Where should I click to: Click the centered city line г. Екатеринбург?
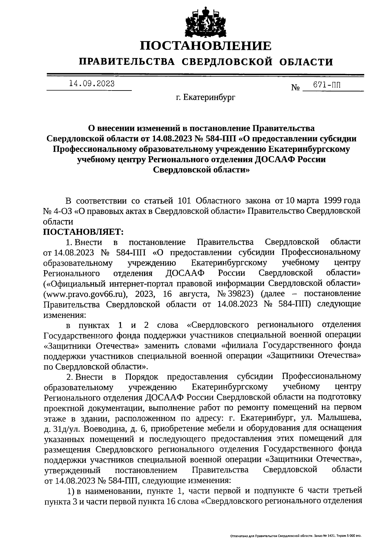[206, 98]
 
